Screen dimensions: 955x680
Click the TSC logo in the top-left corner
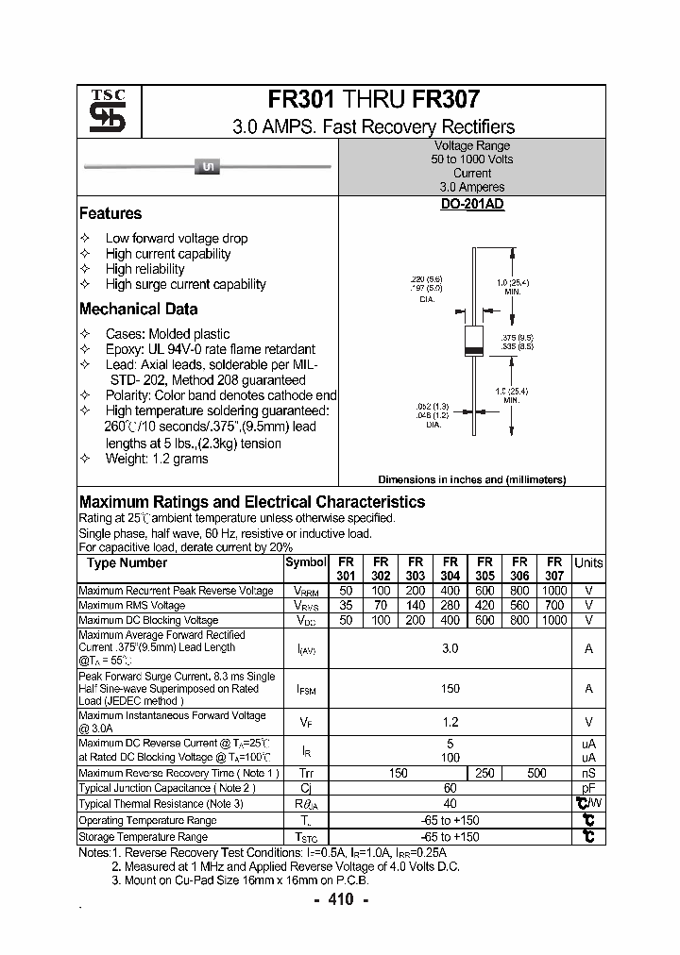(x=101, y=112)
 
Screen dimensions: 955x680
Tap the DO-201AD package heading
(x=472, y=204)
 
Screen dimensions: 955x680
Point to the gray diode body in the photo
(x=207, y=167)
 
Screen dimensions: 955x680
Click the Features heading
(x=110, y=213)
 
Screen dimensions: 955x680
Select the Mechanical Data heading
(x=139, y=309)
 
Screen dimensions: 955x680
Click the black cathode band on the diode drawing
(x=472, y=352)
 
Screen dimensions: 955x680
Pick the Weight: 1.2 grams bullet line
(x=157, y=459)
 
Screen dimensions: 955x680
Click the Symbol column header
(x=304, y=562)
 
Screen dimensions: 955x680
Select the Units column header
(x=588, y=562)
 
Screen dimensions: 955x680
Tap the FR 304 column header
(x=450, y=568)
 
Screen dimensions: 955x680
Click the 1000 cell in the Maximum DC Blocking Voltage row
(x=554, y=620)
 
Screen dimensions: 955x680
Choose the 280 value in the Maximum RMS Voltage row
(x=450, y=605)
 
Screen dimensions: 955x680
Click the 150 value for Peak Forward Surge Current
(x=450, y=689)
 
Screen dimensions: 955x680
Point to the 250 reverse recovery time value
(x=484, y=773)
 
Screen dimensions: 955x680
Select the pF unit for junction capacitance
(x=588, y=788)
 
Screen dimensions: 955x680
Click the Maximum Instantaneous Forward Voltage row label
(x=172, y=722)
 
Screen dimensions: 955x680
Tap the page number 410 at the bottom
(x=340, y=899)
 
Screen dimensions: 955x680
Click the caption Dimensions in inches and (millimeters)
(x=471, y=479)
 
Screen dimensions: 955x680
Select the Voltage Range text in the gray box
(x=472, y=146)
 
